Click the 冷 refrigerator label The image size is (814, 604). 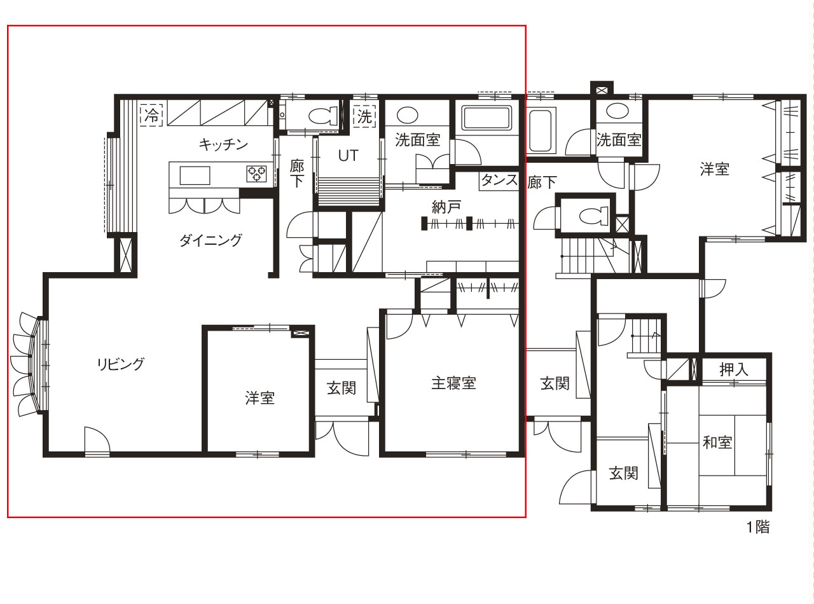click(x=151, y=115)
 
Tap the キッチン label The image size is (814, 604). click(x=223, y=144)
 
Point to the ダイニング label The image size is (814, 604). click(x=211, y=240)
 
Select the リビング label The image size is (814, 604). click(x=121, y=364)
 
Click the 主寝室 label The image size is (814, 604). click(x=453, y=383)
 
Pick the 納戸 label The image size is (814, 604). click(x=446, y=207)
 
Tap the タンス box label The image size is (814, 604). click(x=499, y=180)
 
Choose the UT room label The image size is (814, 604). click(x=348, y=156)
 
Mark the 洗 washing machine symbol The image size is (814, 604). click(x=364, y=117)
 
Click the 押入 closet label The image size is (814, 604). click(x=734, y=369)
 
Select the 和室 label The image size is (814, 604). click(x=717, y=442)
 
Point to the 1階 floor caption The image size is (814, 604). click(x=758, y=527)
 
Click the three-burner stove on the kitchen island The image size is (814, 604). click(x=256, y=174)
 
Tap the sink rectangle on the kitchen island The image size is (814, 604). click(x=195, y=175)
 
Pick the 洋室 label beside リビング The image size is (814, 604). click(x=260, y=398)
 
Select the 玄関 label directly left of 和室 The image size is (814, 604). click(x=623, y=474)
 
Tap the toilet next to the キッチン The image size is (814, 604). click(x=323, y=115)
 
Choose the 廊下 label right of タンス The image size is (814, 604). click(x=542, y=182)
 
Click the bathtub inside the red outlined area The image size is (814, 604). click(x=486, y=118)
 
